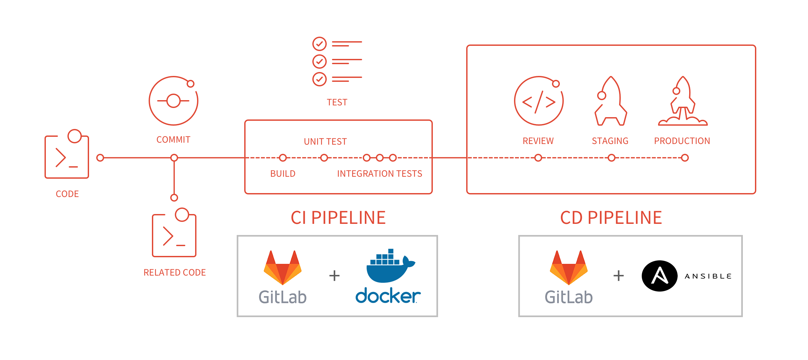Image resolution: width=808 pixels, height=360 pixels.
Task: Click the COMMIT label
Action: (x=173, y=140)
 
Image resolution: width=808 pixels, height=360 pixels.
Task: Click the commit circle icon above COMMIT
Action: (x=174, y=101)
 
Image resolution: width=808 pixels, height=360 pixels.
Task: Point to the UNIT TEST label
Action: (x=325, y=141)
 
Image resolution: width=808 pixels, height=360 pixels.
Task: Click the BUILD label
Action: (x=283, y=173)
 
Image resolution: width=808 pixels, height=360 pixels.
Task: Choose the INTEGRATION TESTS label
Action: (x=379, y=173)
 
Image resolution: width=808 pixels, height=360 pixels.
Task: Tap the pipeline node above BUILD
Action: (x=283, y=158)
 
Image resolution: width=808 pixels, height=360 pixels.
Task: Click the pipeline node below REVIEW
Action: (x=538, y=158)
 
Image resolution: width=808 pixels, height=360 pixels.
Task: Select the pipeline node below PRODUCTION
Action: (x=685, y=158)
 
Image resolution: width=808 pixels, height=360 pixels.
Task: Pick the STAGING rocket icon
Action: (x=611, y=101)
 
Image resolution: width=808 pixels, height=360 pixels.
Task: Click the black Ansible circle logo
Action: (x=659, y=276)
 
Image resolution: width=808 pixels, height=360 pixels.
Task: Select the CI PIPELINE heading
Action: (x=338, y=218)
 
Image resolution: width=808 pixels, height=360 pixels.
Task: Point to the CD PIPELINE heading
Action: (x=611, y=218)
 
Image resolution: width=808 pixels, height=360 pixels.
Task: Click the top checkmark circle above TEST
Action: (x=319, y=44)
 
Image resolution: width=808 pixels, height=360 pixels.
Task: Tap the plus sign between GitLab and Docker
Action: (x=334, y=276)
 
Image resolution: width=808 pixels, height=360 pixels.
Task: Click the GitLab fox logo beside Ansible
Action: (x=569, y=267)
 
